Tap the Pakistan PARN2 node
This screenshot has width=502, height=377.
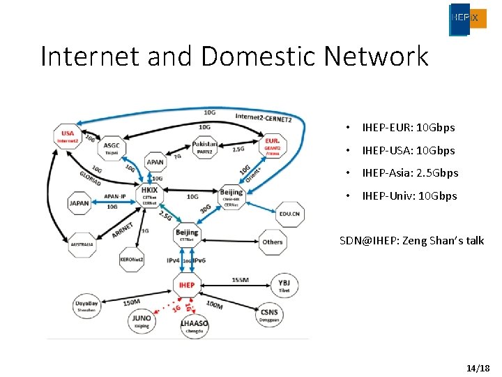click(x=205, y=147)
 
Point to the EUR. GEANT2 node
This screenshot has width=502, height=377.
click(x=272, y=145)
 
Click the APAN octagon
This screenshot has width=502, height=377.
click(x=155, y=162)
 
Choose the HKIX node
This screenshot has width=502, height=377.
click(x=149, y=192)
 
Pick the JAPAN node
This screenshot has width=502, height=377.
click(x=79, y=204)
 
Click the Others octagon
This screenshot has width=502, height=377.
click(x=273, y=242)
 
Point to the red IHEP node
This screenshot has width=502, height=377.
click(x=187, y=285)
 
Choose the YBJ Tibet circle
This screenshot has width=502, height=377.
click(x=284, y=284)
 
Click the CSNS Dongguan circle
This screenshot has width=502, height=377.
click(x=269, y=313)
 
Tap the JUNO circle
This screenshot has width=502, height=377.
click(x=141, y=320)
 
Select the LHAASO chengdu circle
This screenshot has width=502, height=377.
click(x=195, y=327)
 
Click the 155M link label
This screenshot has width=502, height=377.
click(x=241, y=279)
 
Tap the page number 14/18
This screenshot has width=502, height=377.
click(x=478, y=367)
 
